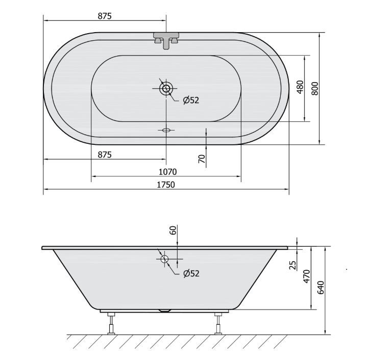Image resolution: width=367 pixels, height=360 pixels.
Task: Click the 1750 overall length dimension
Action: [166, 185]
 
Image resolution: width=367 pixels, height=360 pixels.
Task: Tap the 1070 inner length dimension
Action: [167, 172]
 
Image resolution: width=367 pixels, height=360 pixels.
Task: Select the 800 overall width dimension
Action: [315, 88]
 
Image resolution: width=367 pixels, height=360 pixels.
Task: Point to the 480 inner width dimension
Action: [300, 87]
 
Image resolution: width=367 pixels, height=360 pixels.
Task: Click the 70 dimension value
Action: [202, 159]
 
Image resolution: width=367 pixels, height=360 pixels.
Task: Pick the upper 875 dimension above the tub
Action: [105, 16]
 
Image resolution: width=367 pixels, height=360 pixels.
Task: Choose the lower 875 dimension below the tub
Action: [105, 155]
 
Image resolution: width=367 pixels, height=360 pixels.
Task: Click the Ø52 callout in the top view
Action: [191, 100]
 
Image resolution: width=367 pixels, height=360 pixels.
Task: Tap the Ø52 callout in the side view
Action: [191, 273]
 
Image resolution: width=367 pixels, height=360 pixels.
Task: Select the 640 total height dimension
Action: [321, 288]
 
